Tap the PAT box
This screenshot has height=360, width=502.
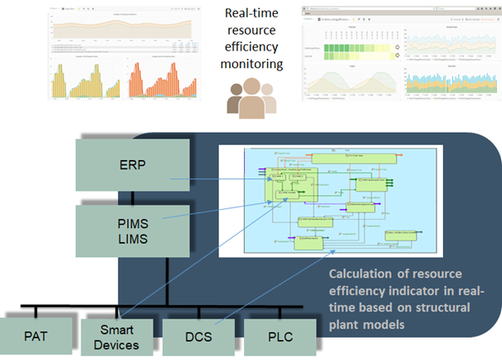(x=36, y=337)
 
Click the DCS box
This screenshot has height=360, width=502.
(x=193, y=337)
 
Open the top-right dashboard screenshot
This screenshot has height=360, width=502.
(x=401, y=52)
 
